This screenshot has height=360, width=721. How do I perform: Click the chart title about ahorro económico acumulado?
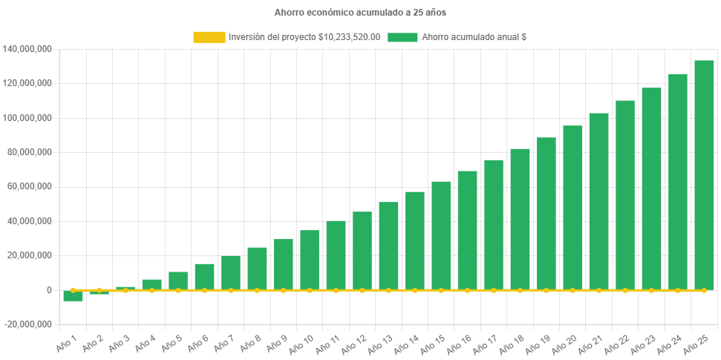[360, 13]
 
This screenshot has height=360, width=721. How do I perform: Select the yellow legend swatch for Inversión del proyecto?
[209, 37]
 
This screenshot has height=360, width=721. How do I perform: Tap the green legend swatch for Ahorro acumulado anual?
[402, 37]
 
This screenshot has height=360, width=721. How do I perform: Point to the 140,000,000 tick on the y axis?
[27, 49]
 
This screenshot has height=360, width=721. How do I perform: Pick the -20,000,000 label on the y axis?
[28, 324]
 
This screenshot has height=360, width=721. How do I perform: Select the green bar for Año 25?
[704, 175]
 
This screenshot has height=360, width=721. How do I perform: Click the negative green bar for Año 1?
[73, 295]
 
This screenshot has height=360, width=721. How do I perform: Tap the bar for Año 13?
[388, 246]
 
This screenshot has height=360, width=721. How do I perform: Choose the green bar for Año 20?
[572, 208]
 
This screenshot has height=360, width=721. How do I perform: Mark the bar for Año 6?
[204, 277]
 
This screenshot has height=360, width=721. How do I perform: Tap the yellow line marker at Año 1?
[73, 290]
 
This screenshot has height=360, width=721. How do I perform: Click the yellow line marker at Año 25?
[704, 290]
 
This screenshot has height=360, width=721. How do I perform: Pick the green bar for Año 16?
[467, 230]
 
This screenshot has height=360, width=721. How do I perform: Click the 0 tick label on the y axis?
[48, 290]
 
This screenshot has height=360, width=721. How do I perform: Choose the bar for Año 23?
[651, 189]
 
